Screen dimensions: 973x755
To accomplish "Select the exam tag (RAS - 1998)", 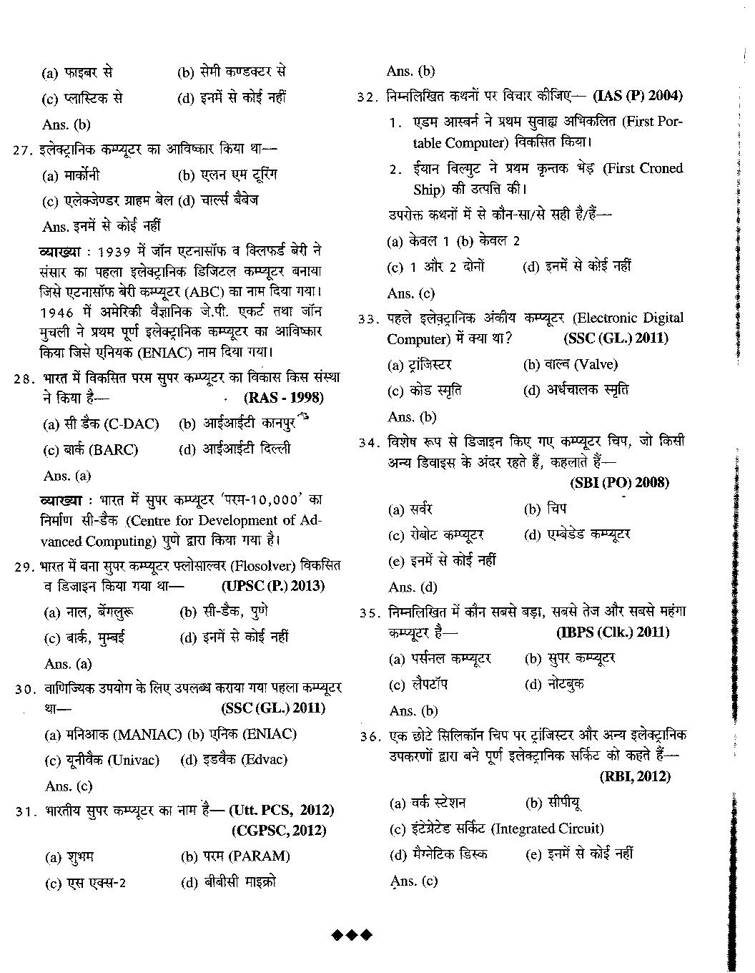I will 283,398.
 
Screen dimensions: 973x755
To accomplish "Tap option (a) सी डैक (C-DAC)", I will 101,424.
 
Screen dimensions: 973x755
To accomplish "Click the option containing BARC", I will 91,450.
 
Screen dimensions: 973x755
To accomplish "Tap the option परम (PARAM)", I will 235,856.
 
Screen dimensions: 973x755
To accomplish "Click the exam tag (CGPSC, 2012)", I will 279,831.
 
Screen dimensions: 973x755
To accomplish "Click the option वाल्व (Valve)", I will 570,364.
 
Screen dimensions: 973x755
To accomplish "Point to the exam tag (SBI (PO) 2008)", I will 619,482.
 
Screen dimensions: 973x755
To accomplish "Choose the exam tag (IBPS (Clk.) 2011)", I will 613,632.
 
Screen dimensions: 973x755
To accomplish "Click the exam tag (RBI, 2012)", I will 635,776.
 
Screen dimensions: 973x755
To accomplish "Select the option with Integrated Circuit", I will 496,828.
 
